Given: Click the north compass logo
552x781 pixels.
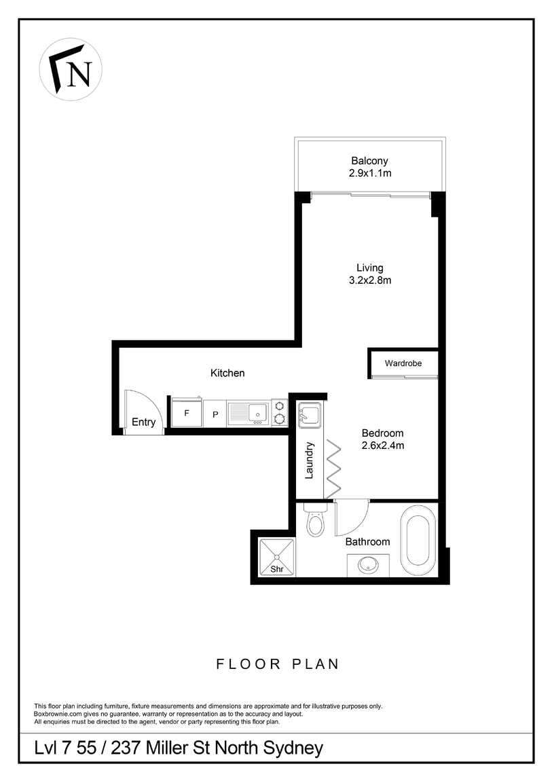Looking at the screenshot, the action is point(71,69).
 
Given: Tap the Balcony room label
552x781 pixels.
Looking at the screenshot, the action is point(369,161).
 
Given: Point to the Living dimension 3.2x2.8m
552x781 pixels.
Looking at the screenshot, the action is point(370,280).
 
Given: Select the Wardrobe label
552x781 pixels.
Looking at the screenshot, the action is point(403,363).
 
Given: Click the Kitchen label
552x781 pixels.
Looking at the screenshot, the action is point(227,373).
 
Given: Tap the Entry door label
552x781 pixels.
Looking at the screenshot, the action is point(143,422).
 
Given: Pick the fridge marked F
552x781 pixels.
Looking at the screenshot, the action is point(187,412).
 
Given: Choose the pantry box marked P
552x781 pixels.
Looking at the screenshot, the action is point(215,414).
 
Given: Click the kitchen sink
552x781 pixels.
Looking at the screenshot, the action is point(249,413).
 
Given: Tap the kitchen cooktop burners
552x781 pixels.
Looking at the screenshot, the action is point(279,412).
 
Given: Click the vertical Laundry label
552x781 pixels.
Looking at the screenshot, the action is point(309,460).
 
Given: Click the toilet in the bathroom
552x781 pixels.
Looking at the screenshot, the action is point(314,519).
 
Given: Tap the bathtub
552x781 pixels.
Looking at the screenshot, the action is point(418,541).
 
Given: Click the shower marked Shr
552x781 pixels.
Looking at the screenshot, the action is point(277,558).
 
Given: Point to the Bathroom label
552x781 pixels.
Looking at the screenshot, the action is point(368,542).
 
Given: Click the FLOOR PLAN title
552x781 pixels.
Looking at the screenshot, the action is point(278,664).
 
